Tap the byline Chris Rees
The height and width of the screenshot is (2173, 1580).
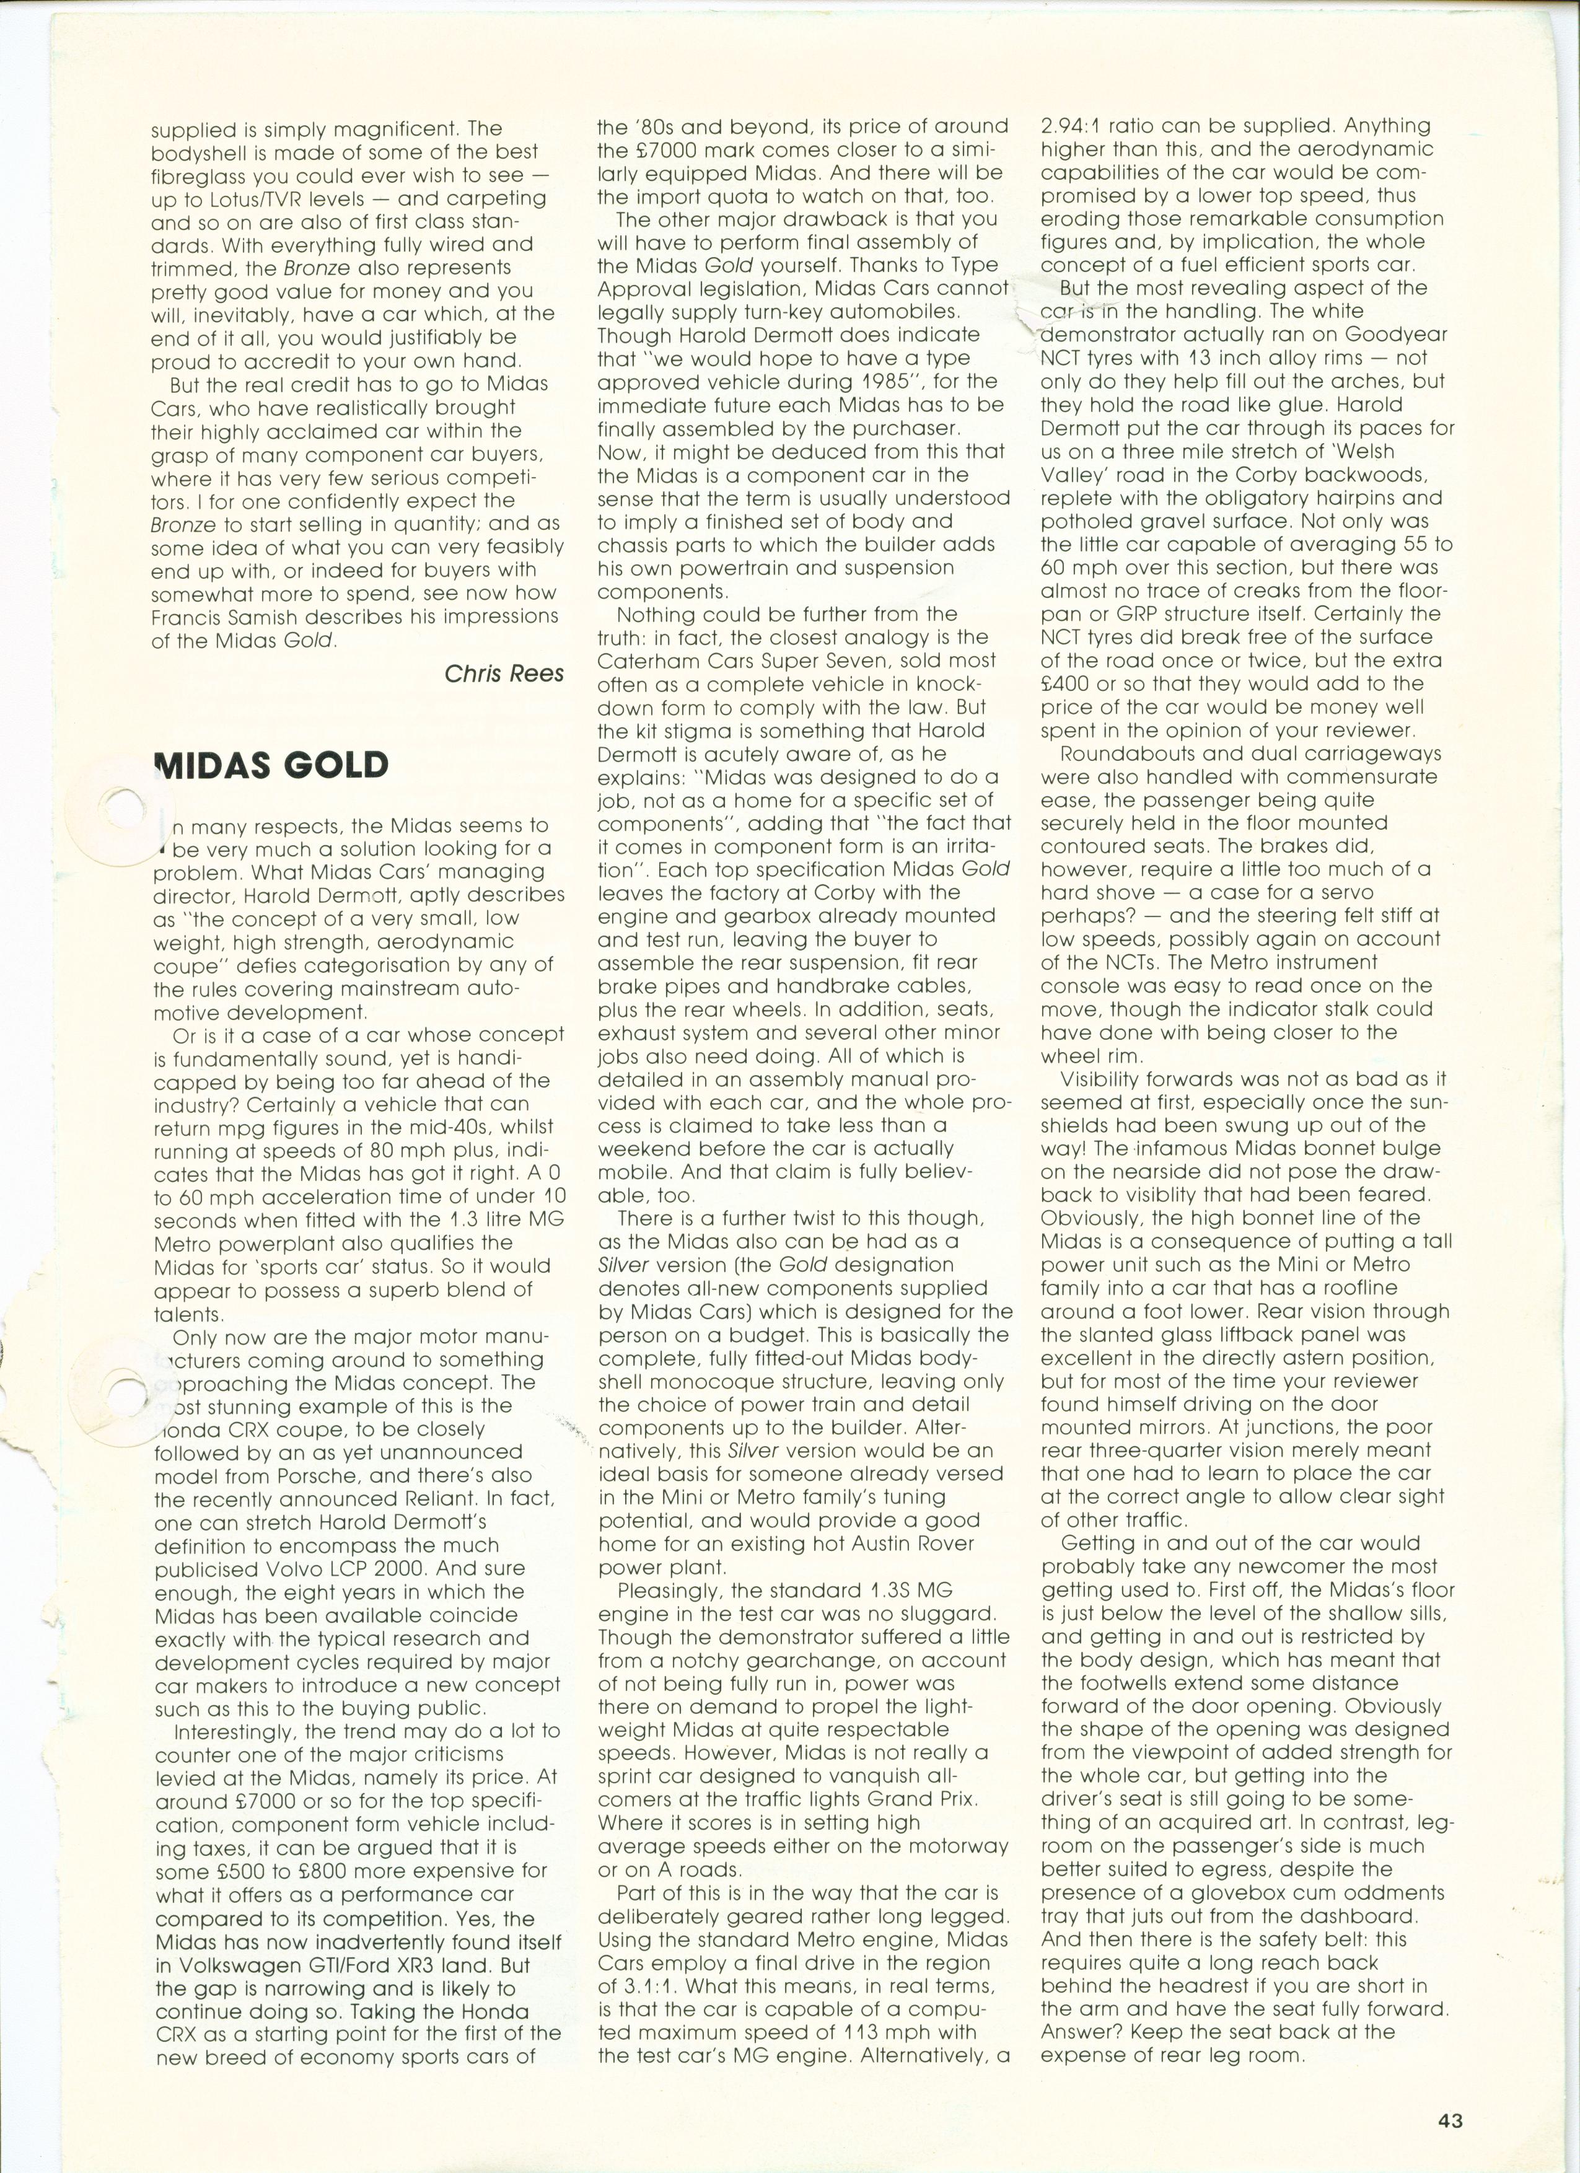504,674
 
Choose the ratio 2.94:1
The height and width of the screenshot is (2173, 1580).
1072,126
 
